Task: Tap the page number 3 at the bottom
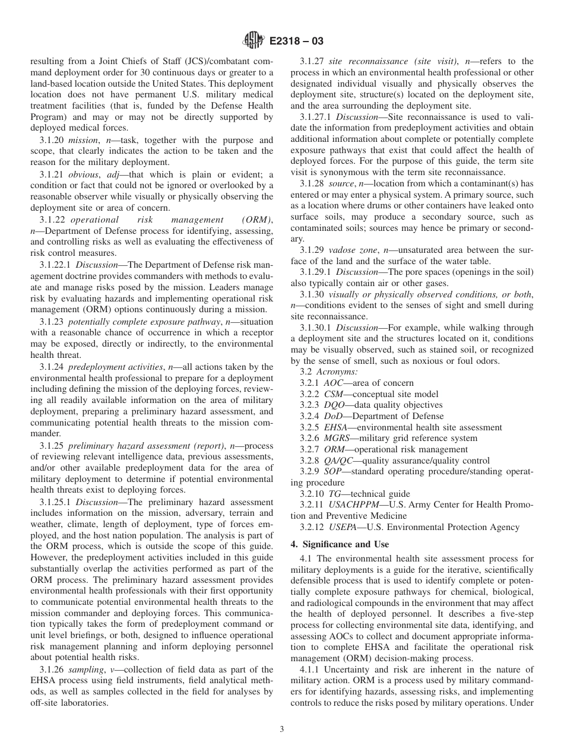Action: pos(282,729)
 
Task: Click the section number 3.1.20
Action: pos(52,141)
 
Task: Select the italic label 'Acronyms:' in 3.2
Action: pos(337,372)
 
